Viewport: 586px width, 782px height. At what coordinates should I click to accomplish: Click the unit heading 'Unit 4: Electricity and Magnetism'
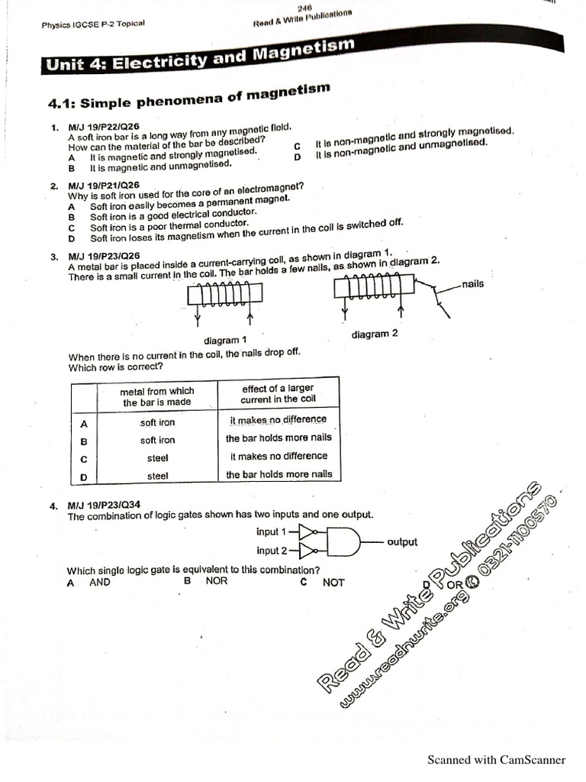pos(201,58)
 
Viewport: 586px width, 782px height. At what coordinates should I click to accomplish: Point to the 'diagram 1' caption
pos(225,340)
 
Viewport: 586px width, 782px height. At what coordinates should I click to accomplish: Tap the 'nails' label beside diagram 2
pos(472,284)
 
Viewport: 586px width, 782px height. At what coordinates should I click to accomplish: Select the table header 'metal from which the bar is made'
pos(157,396)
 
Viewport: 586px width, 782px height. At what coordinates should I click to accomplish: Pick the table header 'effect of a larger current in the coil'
pos(278,393)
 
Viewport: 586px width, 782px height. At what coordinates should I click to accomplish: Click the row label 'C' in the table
pos(84,459)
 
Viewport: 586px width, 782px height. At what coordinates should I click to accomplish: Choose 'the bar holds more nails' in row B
pos(279,438)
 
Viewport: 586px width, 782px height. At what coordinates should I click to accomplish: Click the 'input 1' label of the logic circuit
pos(272,532)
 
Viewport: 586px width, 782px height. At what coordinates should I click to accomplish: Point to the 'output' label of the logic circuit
pos(402,541)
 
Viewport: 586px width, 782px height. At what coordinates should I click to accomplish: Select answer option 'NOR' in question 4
pos(217,581)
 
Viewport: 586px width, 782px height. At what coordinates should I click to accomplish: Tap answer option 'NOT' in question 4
pos(333,583)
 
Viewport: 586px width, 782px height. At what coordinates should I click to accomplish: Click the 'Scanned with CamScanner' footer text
pos(496,759)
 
